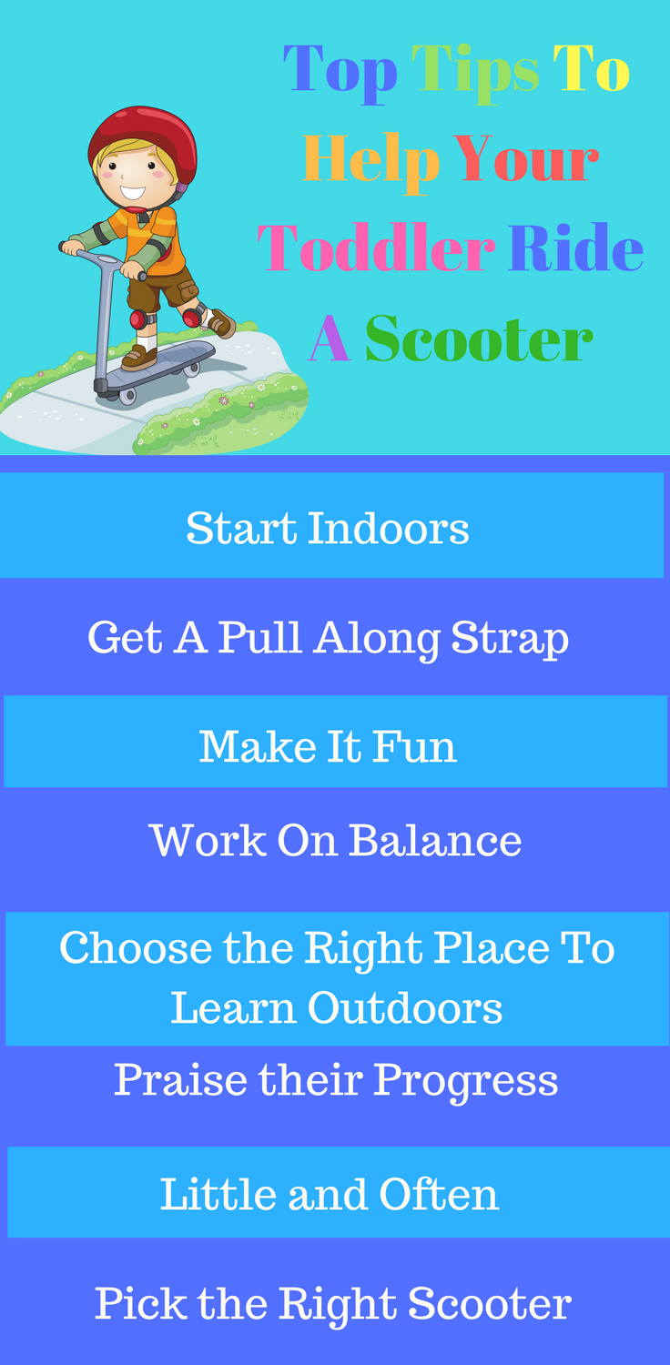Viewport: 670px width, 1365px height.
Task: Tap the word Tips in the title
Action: pyautogui.click(x=475, y=69)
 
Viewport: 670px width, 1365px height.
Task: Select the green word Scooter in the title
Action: pyautogui.click(x=479, y=340)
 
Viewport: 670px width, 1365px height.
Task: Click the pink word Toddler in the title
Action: pyautogui.click(x=376, y=249)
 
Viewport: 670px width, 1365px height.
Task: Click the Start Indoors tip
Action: pyautogui.click(x=328, y=528)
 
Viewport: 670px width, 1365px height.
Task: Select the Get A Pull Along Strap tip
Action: pyautogui.click(x=328, y=638)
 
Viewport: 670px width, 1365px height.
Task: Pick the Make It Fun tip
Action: pyautogui.click(x=328, y=746)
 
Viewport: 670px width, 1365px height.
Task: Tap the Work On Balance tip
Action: pyautogui.click(x=335, y=840)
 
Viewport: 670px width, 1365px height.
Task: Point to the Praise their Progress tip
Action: pyautogui.click(x=335, y=1080)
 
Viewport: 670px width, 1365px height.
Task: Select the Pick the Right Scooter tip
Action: pyautogui.click(x=333, y=1303)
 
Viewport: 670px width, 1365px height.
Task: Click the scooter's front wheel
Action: pyautogui.click(x=127, y=396)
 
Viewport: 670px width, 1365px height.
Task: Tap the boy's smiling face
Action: pyautogui.click(x=133, y=178)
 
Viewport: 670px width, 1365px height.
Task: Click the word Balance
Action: pyautogui.click(x=435, y=840)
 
